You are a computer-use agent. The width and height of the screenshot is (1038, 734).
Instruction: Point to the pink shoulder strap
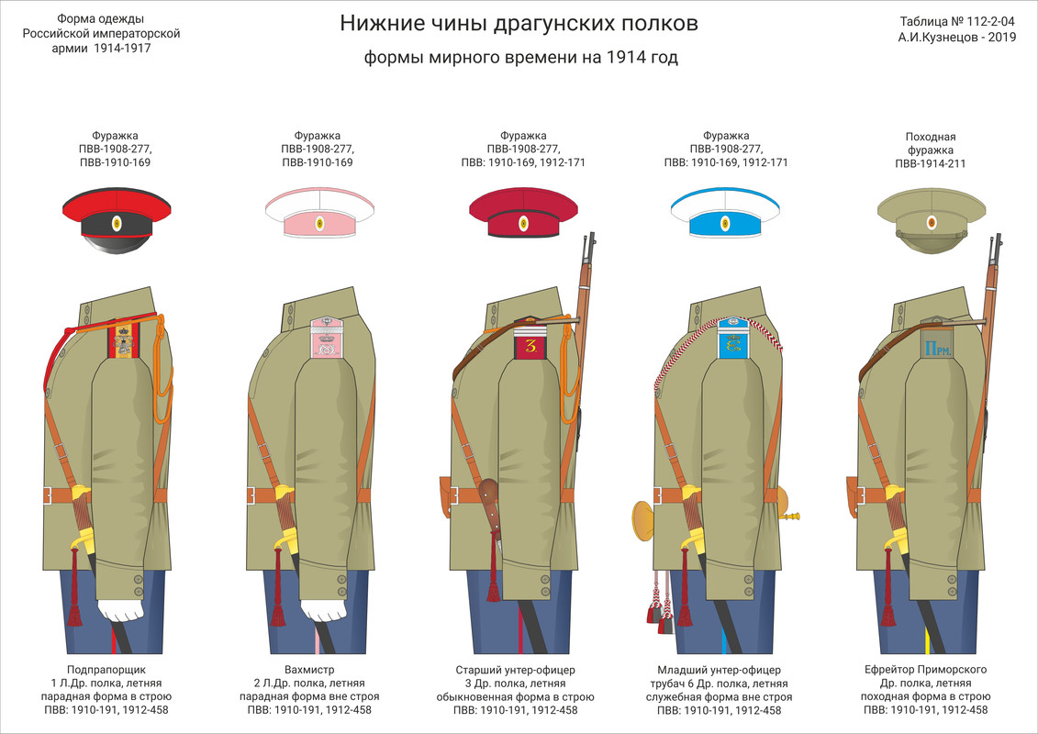326,339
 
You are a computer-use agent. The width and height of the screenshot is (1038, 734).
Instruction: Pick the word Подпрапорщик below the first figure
106,670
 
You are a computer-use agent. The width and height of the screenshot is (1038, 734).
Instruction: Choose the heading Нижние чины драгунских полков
519,23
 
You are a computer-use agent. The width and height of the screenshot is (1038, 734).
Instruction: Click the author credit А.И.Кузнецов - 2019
957,38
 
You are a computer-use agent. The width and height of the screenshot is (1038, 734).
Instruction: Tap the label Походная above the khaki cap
931,137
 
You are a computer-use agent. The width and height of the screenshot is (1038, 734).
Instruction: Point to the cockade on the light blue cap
725,222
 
